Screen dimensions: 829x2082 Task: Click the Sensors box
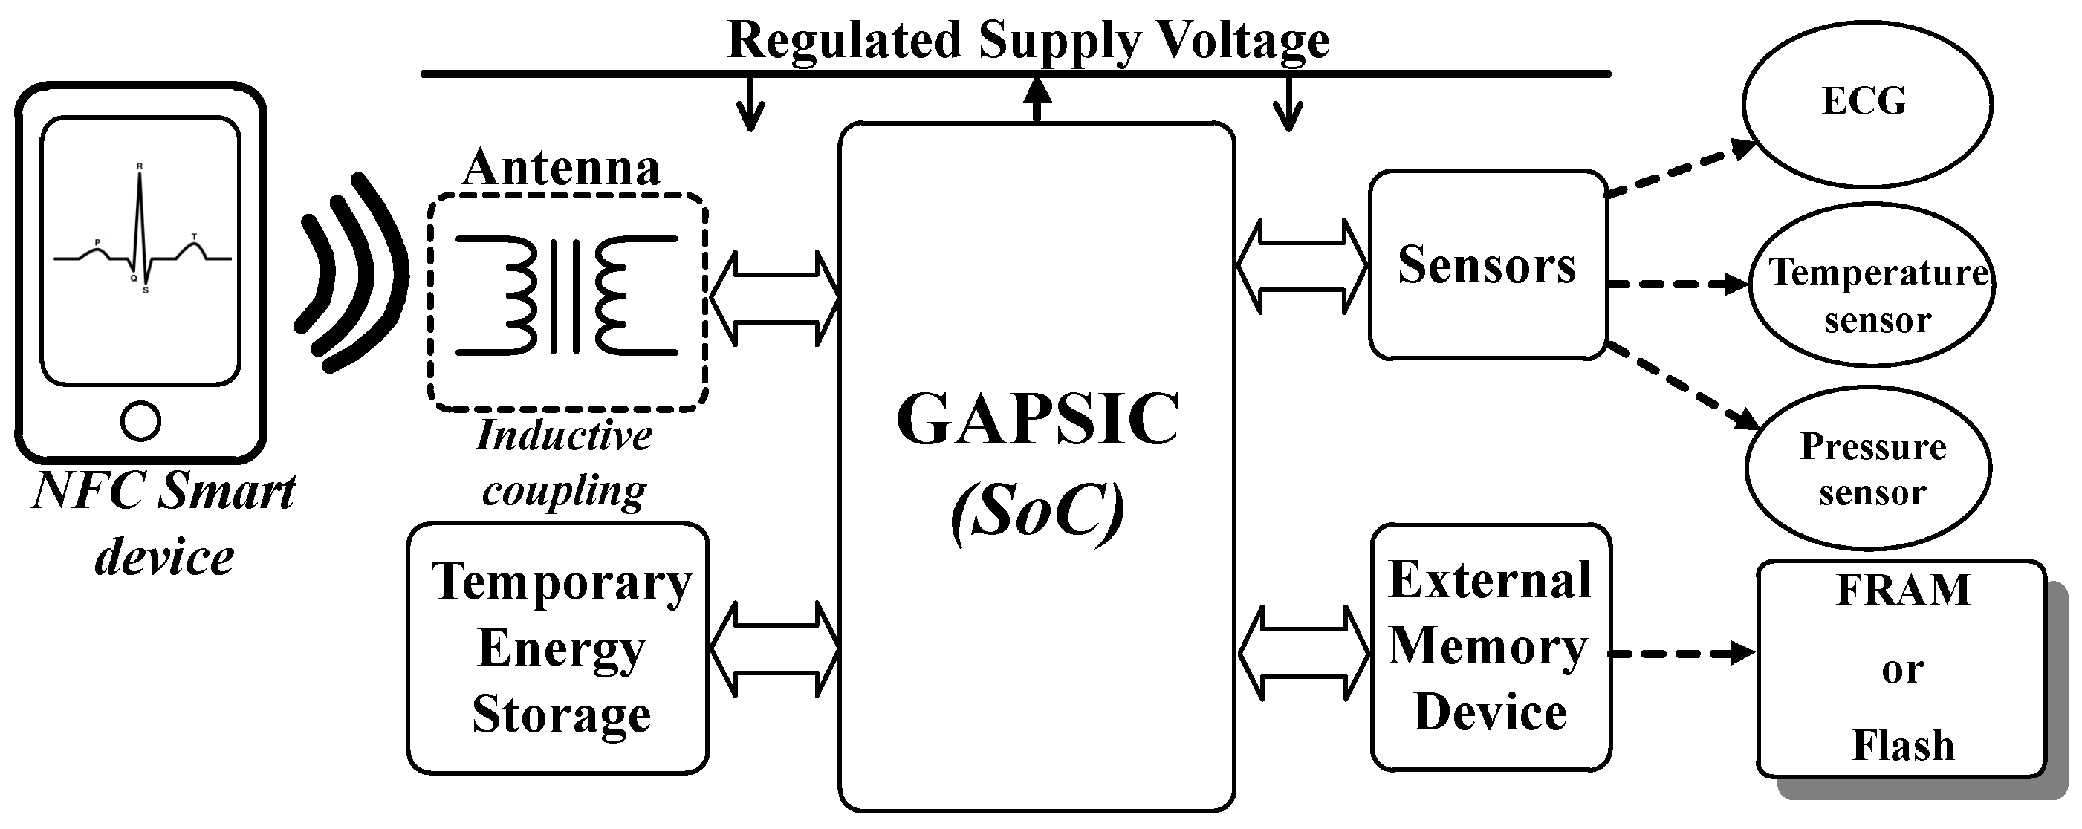(x=1485, y=265)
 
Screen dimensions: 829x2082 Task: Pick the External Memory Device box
(x=1490, y=646)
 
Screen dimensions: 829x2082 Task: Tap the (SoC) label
(x=1037, y=510)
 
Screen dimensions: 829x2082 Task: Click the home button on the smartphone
(x=140, y=421)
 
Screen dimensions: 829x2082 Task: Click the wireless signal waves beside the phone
(x=351, y=275)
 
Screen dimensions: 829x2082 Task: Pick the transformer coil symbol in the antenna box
(x=565, y=295)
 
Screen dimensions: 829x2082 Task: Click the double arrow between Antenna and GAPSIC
(x=774, y=298)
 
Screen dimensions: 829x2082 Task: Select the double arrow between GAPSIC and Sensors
(x=1302, y=266)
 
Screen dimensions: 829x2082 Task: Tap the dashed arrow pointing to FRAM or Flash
(x=1681, y=653)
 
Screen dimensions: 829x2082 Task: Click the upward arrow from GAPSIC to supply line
(x=1037, y=99)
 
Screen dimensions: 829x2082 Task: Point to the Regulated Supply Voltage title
(x=1028, y=39)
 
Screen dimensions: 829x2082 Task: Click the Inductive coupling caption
(x=564, y=463)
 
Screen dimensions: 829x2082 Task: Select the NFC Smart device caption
(x=164, y=524)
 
